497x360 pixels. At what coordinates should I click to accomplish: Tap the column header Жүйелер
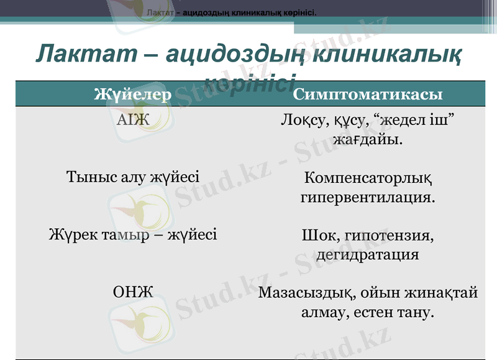[132, 95]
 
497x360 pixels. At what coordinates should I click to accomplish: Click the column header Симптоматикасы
[368, 95]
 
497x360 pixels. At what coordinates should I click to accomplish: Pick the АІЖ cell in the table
[133, 119]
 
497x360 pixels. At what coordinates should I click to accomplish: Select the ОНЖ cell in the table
[133, 292]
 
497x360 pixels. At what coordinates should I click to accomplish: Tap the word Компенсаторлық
[368, 178]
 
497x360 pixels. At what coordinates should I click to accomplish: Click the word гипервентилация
[368, 198]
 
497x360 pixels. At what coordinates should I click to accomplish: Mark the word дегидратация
[368, 254]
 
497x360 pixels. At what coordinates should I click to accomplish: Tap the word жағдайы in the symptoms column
[367, 139]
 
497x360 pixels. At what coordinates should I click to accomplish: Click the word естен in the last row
[374, 312]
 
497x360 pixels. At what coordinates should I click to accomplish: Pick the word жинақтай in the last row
[442, 293]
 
